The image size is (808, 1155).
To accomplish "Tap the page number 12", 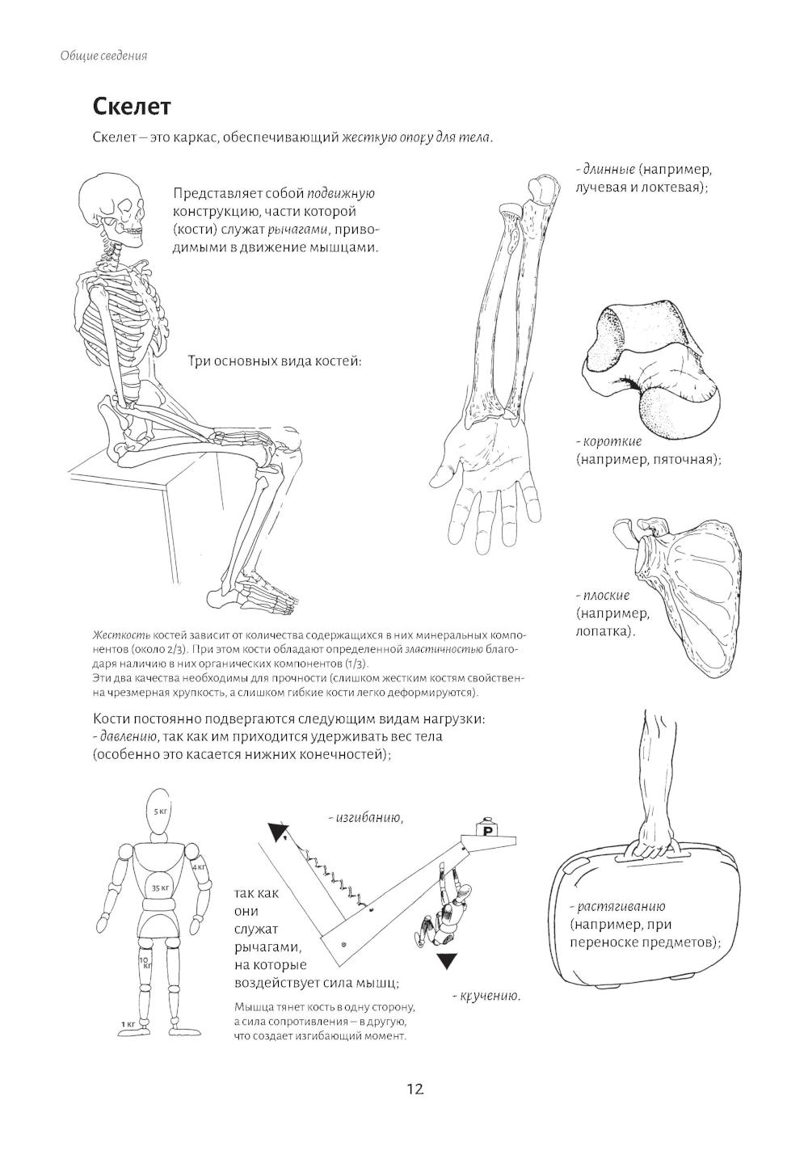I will (415, 1089).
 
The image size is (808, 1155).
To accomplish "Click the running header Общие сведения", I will (103, 56).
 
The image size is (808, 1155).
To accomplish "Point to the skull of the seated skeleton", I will (114, 205).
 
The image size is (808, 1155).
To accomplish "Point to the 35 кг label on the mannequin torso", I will (159, 887).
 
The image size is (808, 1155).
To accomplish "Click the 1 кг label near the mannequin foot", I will (128, 1023).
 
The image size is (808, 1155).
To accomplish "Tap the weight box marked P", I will (487, 830).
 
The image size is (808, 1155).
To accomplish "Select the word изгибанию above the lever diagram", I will (368, 818).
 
